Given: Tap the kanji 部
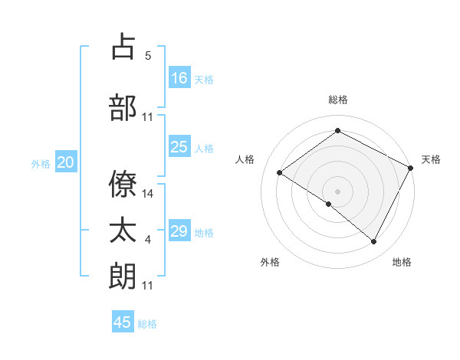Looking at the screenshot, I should point(123,107).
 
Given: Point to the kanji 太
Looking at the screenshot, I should point(123,231).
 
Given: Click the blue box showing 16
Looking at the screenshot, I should point(179,77).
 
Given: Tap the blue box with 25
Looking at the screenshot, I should point(179,147).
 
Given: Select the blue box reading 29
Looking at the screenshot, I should point(179,231).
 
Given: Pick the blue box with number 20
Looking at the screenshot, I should point(66,162).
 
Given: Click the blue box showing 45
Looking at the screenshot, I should point(123,322).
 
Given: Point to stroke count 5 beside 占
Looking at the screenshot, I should point(148,56).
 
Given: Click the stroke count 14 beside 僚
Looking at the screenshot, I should point(148,194).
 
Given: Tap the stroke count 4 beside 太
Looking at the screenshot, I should point(148,241).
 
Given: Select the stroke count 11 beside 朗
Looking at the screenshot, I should point(148,286).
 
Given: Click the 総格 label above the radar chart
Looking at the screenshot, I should point(338,100).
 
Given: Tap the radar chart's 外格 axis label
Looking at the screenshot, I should point(270,263).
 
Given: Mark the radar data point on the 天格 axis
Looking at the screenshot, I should point(411,168).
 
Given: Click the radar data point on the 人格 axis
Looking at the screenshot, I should point(280,172).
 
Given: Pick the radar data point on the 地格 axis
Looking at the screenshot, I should point(374,242).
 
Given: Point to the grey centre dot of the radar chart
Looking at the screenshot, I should point(337,191).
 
